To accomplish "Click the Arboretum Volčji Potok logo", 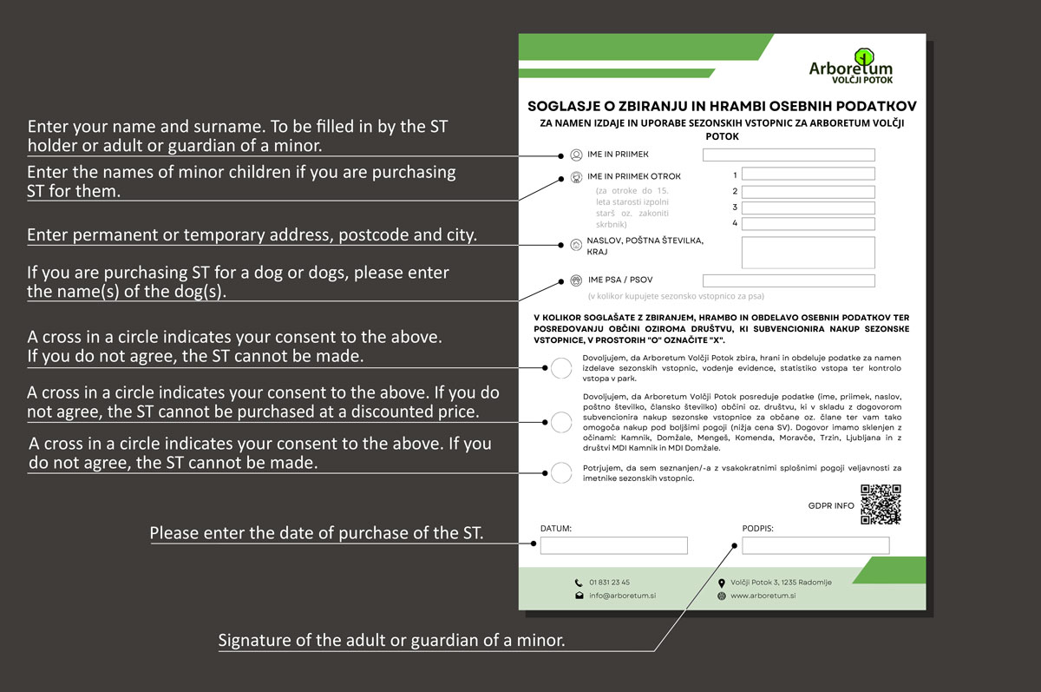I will tap(850, 66).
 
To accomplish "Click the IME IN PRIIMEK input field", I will tap(789, 155).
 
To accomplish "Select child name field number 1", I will tap(808, 175).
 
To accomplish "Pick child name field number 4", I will tap(808, 224).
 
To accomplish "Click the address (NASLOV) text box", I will tap(808, 252).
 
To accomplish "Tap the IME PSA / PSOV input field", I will tap(789, 280).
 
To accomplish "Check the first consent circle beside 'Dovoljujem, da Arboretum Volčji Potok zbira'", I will tap(561, 367).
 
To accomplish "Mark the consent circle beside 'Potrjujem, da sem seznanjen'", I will tap(561, 473).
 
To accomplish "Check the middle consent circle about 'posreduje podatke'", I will tap(561, 422).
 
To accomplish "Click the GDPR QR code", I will tap(881, 504).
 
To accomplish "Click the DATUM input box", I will tap(613, 545).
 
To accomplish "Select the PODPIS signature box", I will tap(815, 545).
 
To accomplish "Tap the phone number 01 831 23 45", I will tap(609, 582).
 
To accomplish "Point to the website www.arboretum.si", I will tap(763, 596).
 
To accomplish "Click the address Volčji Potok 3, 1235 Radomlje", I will tap(781, 582).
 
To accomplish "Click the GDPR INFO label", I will tap(831, 505).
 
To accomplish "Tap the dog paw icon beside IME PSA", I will tap(577, 280).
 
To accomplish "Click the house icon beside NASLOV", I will tap(577, 245).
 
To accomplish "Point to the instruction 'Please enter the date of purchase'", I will tap(317, 532).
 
